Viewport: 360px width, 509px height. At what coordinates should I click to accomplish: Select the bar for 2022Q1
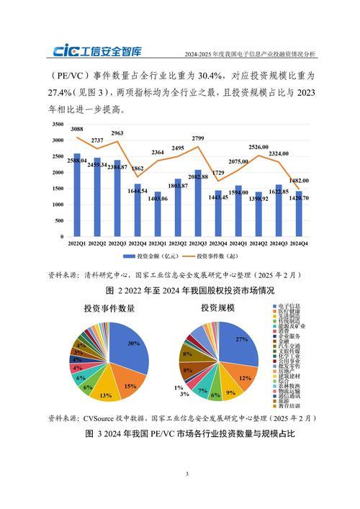(x=77, y=195)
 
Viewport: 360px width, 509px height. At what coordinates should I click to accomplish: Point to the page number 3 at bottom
(x=186, y=474)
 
